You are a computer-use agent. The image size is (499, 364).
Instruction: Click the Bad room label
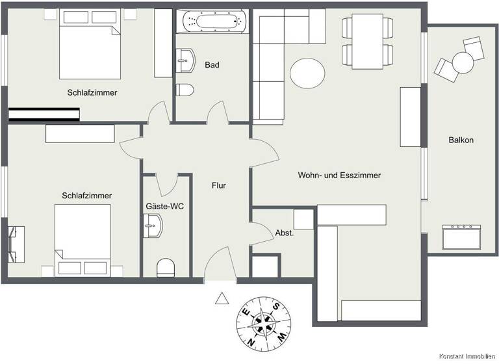tap(212, 65)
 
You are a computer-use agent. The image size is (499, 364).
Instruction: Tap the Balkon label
tap(461, 140)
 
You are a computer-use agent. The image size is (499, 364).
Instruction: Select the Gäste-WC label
tap(164, 206)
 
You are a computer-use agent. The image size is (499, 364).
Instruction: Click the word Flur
tap(218, 185)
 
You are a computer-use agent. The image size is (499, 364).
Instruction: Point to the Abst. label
tap(285, 233)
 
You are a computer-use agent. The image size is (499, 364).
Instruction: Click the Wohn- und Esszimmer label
tap(339, 175)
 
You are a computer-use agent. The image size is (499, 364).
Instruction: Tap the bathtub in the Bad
tap(214, 21)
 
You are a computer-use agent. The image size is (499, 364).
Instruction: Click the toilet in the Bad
tap(185, 90)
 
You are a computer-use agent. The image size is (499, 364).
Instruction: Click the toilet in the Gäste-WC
tap(166, 267)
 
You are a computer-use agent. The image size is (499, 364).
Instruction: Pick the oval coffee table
tap(308, 73)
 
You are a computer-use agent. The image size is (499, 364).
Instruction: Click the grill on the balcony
tap(461, 237)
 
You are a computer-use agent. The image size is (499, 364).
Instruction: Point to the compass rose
tap(263, 320)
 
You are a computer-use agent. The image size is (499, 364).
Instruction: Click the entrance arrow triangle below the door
tap(222, 298)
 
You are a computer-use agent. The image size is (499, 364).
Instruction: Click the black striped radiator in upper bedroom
tap(44, 114)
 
